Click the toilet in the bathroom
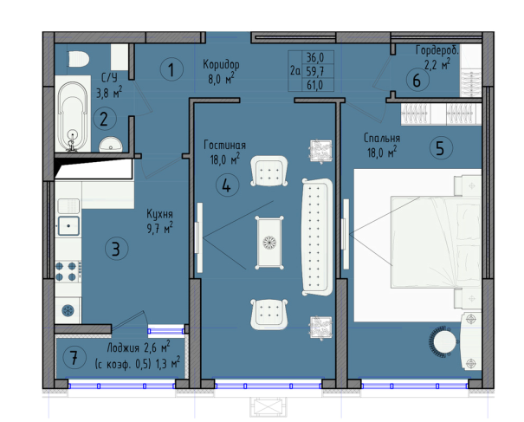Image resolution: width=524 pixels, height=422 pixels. click(x=79, y=59)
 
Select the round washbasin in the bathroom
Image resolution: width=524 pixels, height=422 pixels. click(x=111, y=145)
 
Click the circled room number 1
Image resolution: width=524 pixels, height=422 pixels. click(x=171, y=69)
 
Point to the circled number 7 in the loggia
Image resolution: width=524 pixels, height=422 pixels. click(x=74, y=358)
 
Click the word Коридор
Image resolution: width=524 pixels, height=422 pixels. click(x=221, y=64)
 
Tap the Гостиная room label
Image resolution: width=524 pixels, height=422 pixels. click(x=224, y=145)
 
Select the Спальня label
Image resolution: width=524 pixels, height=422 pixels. click(x=382, y=138)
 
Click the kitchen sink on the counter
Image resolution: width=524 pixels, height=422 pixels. click(x=68, y=225)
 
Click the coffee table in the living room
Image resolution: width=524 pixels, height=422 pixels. click(x=269, y=243)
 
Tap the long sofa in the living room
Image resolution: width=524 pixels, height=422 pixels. click(x=317, y=237)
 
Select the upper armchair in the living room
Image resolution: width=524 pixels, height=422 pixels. click(x=269, y=171)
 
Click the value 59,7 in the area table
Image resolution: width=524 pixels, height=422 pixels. click(x=314, y=71)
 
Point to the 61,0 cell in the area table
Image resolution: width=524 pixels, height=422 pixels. click(x=314, y=85)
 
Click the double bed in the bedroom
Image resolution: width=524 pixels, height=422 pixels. click(x=436, y=242)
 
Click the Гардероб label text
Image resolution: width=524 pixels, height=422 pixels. click(x=437, y=50)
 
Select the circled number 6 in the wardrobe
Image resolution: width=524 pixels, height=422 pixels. click(x=417, y=81)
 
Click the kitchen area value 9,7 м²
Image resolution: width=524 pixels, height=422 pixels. click(x=159, y=228)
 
